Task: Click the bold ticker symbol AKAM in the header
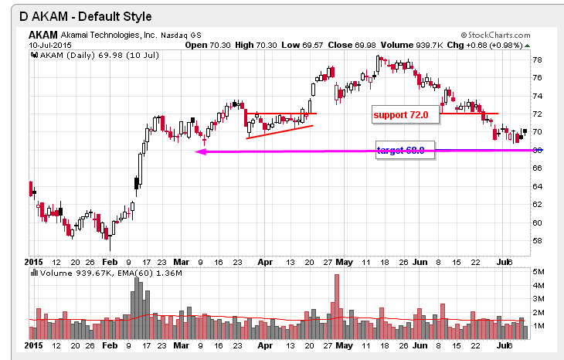click(43, 36)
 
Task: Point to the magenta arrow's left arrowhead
click(199, 151)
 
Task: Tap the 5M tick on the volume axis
click(538, 272)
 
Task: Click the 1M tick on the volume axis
click(538, 326)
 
